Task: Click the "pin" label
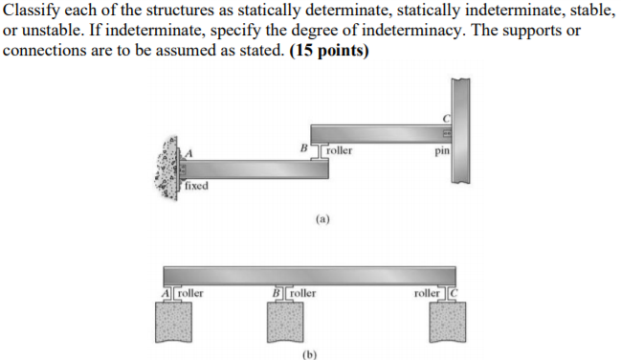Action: click(441, 150)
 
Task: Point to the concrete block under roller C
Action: click(439, 324)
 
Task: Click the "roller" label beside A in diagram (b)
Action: click(190, 292)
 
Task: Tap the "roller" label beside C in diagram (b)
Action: click(424, 292)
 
